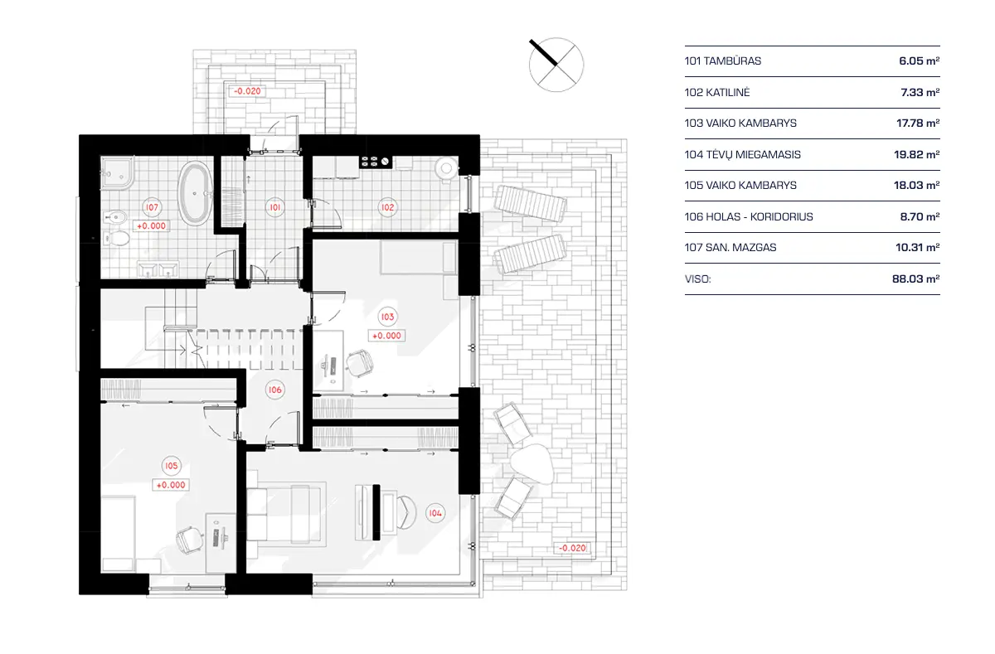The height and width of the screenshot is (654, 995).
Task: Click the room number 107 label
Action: (151, 207)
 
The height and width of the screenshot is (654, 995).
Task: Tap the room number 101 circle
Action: (274, 207)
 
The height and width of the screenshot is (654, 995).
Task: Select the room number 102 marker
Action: (386, 207)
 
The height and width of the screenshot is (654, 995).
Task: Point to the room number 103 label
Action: (386, 317)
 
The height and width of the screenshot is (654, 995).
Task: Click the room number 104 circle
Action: (435, 511)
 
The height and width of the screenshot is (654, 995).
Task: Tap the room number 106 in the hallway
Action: (274, 389)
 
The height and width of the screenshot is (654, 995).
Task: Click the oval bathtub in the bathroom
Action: (196, 193)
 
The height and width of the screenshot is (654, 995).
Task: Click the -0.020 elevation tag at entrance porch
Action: (248, 91)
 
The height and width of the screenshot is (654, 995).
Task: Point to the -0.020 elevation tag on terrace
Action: (572, 548)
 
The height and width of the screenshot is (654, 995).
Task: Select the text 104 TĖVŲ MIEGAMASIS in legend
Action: (743, 154)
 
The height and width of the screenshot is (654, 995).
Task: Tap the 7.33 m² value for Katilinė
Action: (918, 92)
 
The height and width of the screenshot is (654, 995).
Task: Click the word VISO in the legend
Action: (698, 279)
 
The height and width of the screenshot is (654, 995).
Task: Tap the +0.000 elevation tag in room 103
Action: (386, 336)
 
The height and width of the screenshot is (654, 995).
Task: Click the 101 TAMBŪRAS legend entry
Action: (723, 61)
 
